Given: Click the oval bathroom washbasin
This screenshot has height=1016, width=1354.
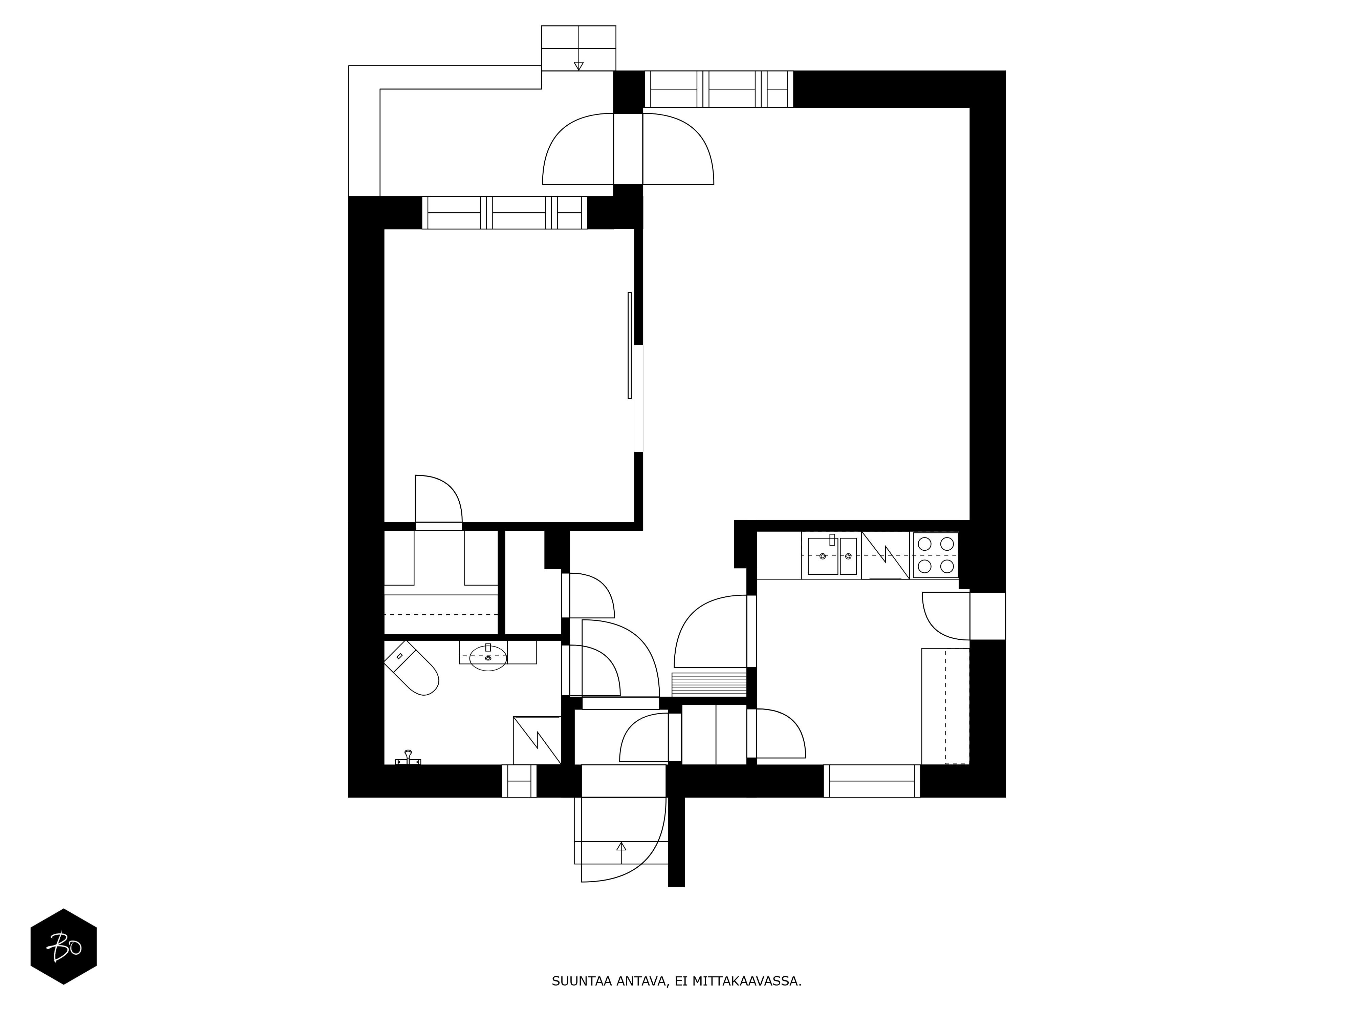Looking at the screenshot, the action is click(x=488, y=657).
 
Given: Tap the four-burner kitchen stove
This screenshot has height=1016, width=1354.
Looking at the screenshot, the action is click(x=935, y=555).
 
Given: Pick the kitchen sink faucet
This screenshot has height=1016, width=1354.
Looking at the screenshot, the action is click(x=832, y=539).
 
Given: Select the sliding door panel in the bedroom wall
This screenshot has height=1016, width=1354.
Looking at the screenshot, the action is click(x=629, y=345).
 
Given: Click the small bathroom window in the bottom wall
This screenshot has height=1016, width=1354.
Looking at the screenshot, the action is click(x=519, y=781).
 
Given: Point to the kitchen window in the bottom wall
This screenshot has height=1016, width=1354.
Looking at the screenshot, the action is click(x=872, y=781).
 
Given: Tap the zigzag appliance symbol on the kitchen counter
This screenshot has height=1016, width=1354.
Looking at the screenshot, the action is click(x=885, y=555).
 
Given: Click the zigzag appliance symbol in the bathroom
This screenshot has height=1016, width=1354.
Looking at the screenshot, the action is click(x=537, y=740).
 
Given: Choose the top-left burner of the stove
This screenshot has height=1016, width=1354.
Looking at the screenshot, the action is click(x=924, y=543).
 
